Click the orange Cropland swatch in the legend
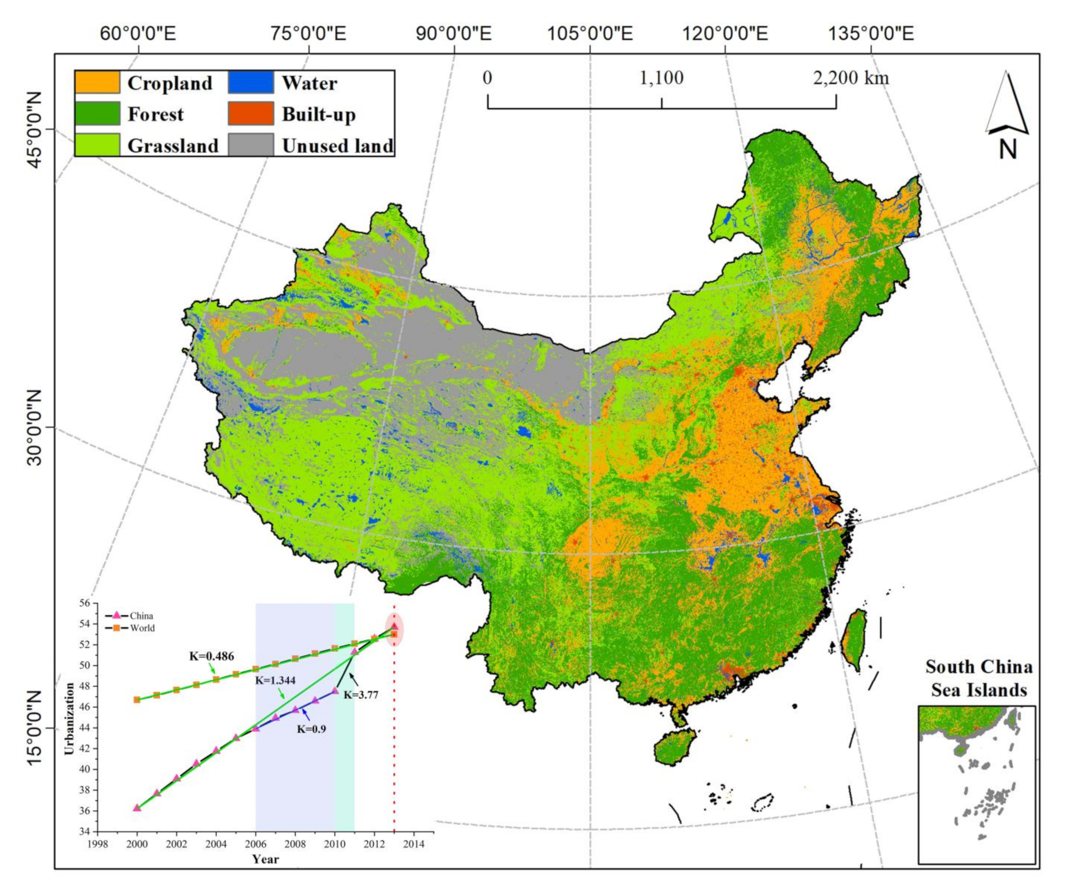click(x=97, y=82)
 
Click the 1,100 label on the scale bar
click(x=661, y=78)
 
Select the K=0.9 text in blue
click(x=311, y=729)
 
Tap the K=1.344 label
click(x=275, y=680)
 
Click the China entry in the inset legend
click(x=141, y=616)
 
